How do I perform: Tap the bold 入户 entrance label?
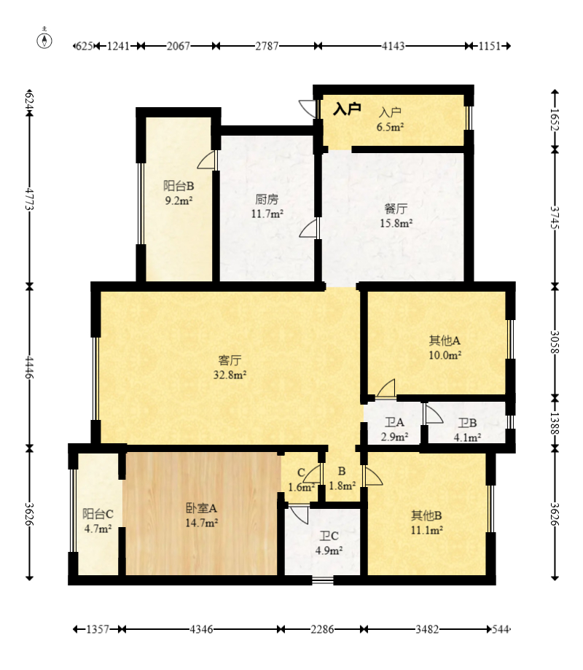point(347,109)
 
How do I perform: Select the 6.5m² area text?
point(390,127)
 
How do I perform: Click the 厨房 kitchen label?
point(267,199)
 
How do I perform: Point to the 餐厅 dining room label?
point(396,209)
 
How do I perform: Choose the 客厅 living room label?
point(230,360)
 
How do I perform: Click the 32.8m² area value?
point(230,375)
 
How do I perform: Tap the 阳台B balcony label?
point(179,186)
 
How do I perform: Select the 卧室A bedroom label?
point(202,508)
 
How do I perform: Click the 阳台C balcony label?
point(98,513)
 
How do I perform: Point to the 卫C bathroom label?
point(329,536)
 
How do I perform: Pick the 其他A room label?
point(445,340)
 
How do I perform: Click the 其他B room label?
point(426,515)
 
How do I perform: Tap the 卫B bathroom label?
point(467,423)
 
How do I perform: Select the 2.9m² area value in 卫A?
point(394,437)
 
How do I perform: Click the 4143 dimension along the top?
point(393,46)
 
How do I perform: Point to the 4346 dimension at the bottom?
point(201,629)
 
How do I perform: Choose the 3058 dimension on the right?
point(555,342)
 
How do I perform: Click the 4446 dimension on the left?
point(29,367)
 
